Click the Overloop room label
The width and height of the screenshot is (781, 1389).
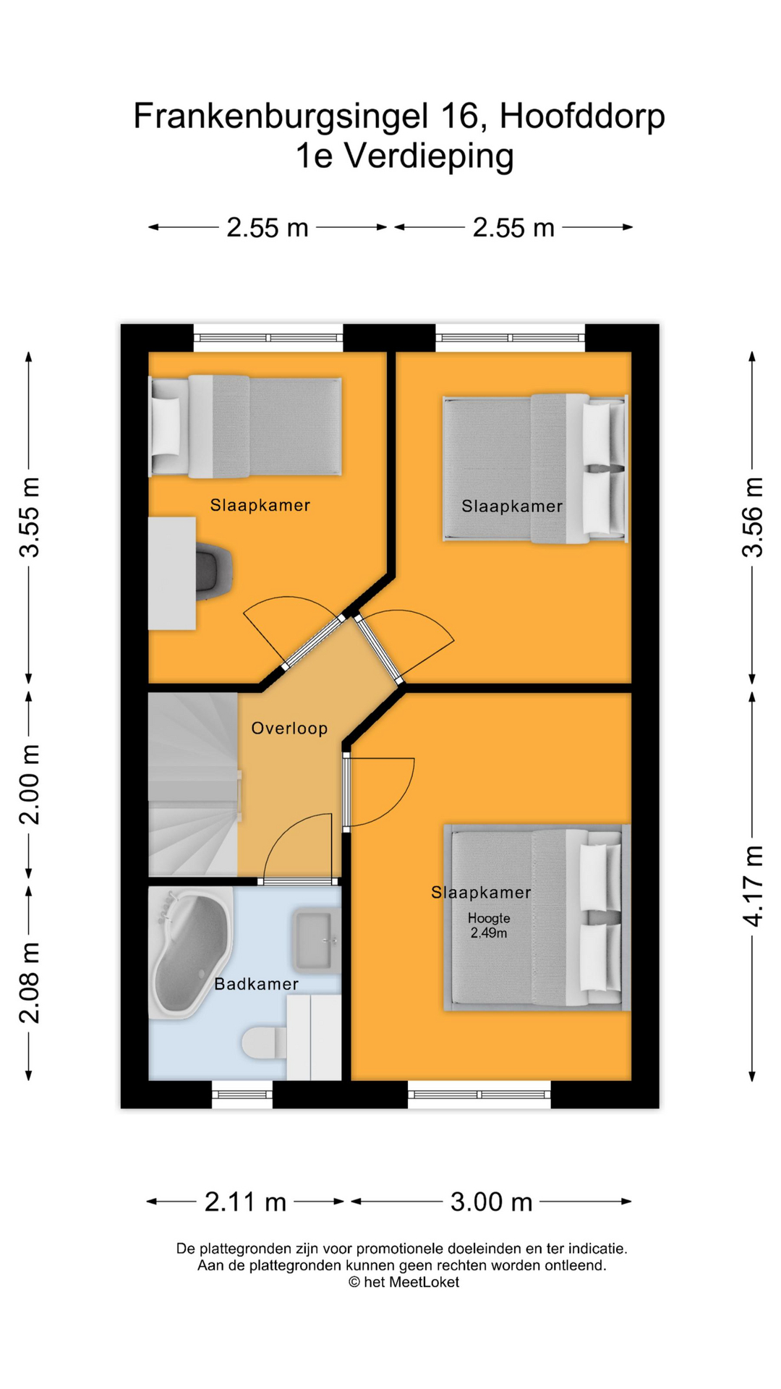click(x=289, y=728)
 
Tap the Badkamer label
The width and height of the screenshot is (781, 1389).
click(x=257, y=984)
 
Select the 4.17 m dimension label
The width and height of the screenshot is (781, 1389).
click(x=753, y=885)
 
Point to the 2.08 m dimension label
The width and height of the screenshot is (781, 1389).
click(x=30, y=983)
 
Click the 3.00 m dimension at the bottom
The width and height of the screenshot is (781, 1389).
click(x=492, y=1202)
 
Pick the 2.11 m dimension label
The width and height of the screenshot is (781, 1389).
click(x=246, y=1202)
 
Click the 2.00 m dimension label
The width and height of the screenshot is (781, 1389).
click(x=30, y=784)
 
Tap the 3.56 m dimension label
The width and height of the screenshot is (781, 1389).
click(x=753, y=517)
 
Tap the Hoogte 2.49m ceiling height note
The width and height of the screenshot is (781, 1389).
click(x=489, y=925)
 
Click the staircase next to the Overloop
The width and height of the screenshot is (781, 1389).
click(x=194, y=784)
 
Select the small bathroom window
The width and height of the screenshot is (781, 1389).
click(x=242, y=1094)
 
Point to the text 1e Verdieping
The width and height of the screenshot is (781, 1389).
click(x=405, y=156)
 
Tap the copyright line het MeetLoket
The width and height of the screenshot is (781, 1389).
click(x=404, y=1282)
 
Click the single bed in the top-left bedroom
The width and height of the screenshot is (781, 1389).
click(x=246, y=427)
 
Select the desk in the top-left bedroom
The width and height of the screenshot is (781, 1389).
click(x=172, y=573)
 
